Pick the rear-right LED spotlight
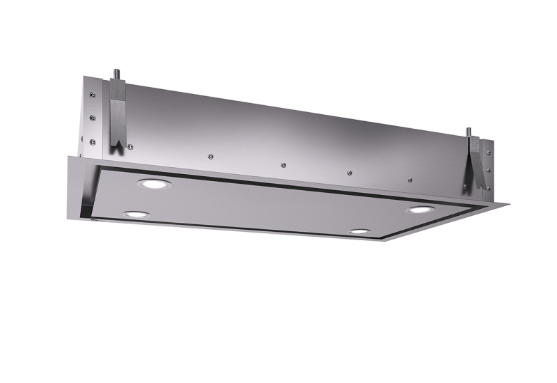(419, 210)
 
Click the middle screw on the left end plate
(92, 116)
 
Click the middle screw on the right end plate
(489, 170)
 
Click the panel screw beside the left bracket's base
(130, 146)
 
